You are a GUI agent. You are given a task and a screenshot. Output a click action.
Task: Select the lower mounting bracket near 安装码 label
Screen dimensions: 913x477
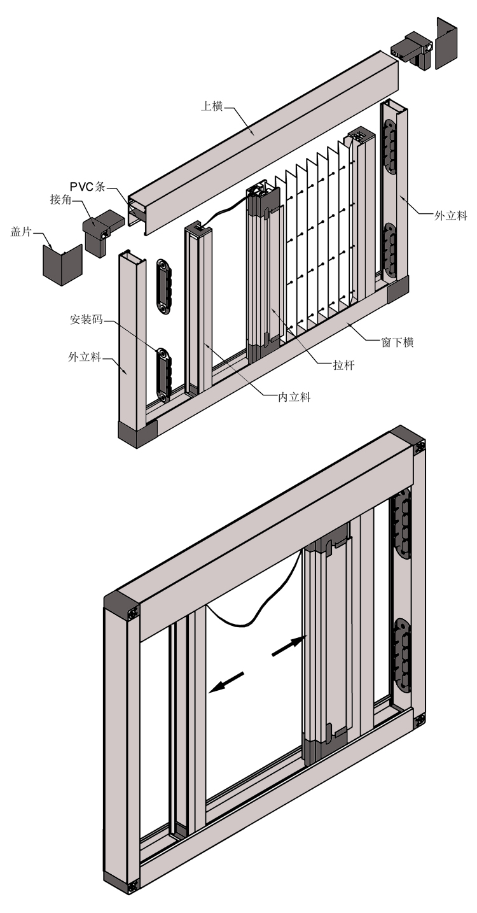(163, 376)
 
